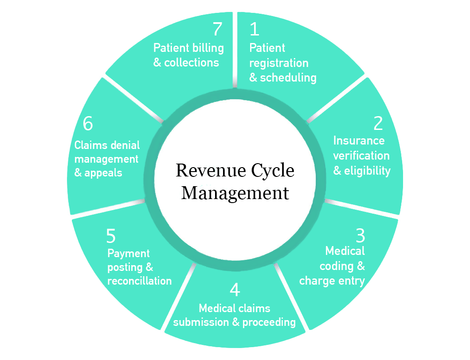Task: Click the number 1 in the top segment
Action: (x=254, y=29)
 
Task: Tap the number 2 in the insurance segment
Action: (x=378, y=123)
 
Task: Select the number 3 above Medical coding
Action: (x=360, y=235)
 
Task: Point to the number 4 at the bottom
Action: (x=235, y=290)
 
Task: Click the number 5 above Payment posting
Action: (x=111, y=236)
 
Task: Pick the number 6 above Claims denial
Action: (x=88, y=124)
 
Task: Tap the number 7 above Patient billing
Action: (x=217, y=29)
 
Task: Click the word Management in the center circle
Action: (x=235, y=193)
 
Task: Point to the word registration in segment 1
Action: (x=279, y=63)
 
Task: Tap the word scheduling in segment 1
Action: (x=288, y=78)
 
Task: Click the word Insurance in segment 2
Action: (x=359, y=141)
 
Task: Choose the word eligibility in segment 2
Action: (x=367, y=171)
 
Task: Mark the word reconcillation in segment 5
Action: (x=139, y=281)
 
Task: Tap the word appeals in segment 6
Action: (x=104, y=173)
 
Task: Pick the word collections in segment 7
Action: (x=192, y=63)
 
